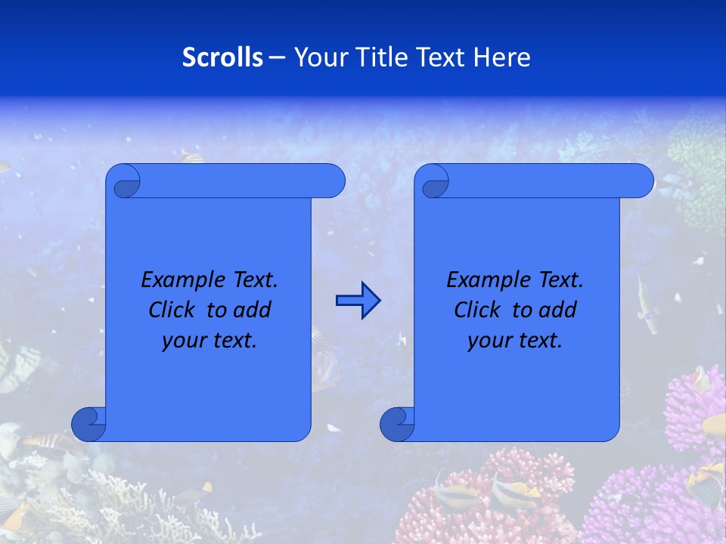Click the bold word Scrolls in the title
click(222, 57)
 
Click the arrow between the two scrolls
click(358, 301)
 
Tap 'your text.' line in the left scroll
click(209, 340)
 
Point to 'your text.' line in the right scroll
click(515, 340)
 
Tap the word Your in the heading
click(317, 57)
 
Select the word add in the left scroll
click(251, 310)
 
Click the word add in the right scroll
click(557, 310)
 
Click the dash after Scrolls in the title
click(277, 57)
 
